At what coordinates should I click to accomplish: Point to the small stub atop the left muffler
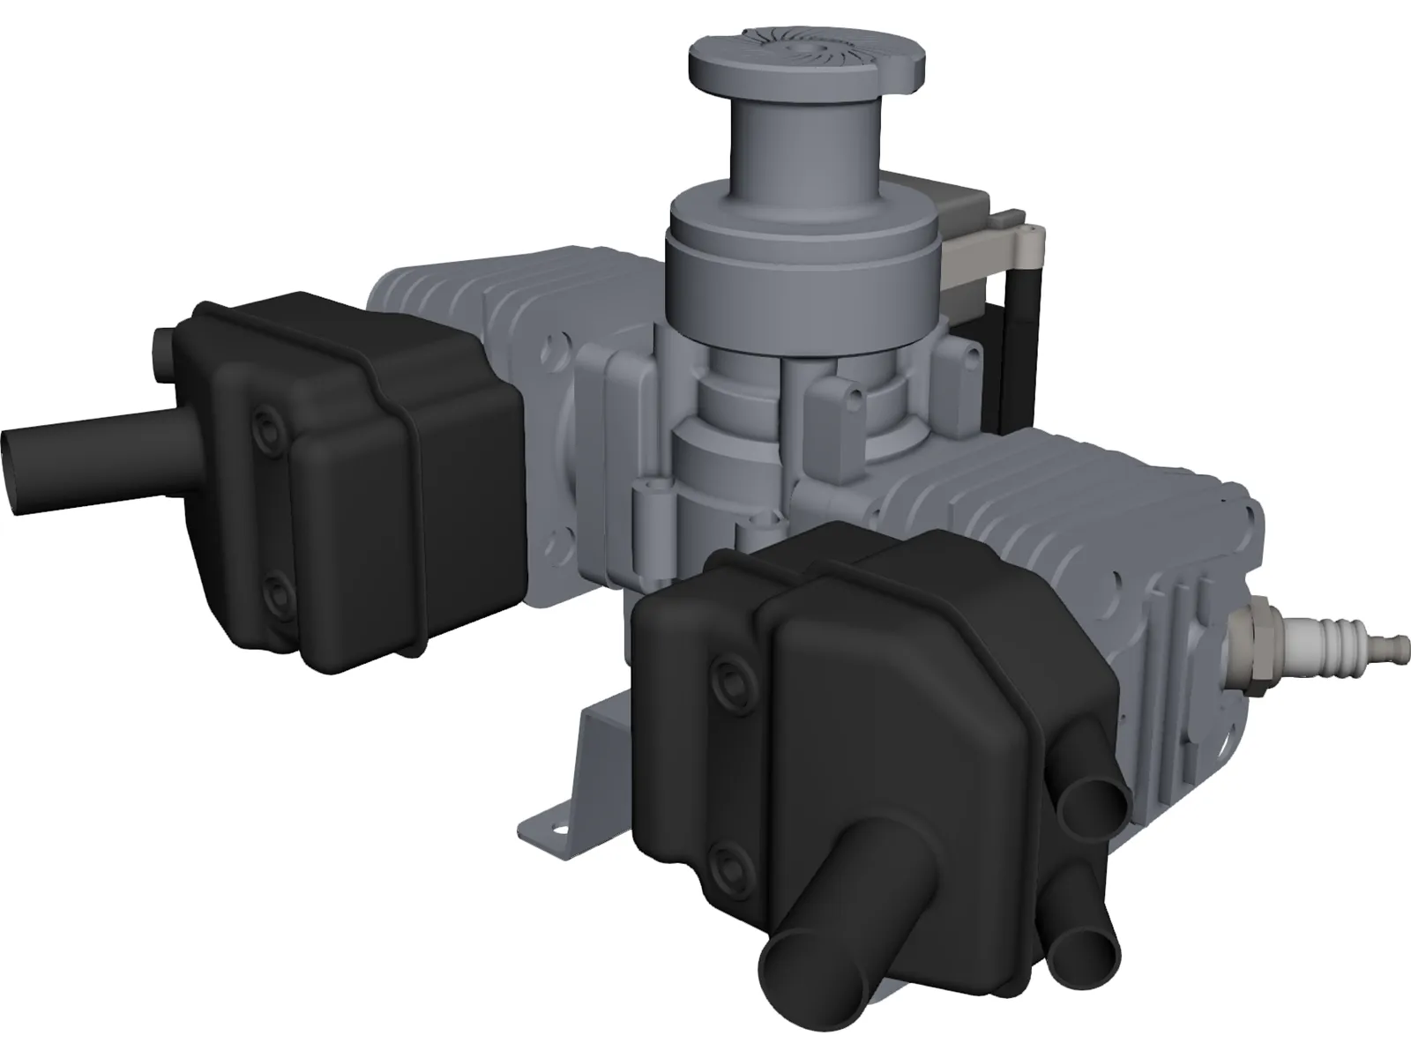pos(163,352)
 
